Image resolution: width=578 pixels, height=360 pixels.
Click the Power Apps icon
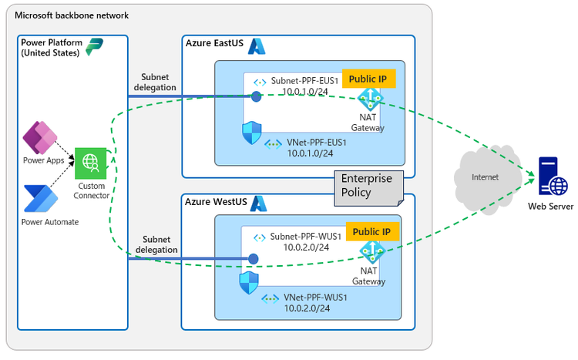pyautogui.click(x=40, y=136)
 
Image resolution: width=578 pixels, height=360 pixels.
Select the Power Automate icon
pyautogui.click(x=39, y=198)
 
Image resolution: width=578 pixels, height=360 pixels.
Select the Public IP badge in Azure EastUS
pyautogui.click(x=369, y=79)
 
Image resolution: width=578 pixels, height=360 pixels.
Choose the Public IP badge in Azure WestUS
pyautogui.click(x=371, y=231)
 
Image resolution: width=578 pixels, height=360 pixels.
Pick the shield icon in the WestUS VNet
pyautogui.click(x=247, y=283)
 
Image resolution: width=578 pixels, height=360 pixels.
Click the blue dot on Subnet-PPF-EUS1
pyautogui.click(x=256, y=96)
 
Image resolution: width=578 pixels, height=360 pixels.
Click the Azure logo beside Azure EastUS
pyautogui.click(x=256, y=46)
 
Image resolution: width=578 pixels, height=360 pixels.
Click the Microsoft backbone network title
pyautogui.click(x=72, y=15)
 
